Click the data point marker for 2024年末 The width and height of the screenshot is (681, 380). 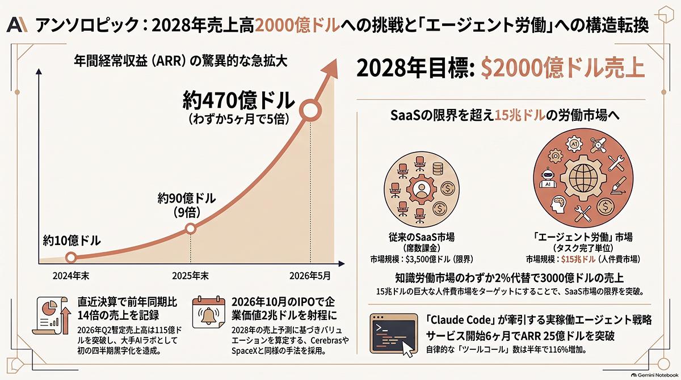(71, 257)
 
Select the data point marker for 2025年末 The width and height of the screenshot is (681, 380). (191, 229)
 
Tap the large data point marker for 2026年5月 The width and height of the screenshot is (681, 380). (310, 111)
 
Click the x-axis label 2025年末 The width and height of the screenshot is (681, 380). (191, 276)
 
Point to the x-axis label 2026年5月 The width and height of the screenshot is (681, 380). (310, 276)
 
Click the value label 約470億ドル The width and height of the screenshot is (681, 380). (239, 100)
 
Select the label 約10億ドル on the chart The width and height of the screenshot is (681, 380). (72, 241)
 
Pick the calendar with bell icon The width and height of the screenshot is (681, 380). (209, 311)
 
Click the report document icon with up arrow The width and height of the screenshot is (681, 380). (52, 316)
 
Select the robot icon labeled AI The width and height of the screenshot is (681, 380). (548, 178)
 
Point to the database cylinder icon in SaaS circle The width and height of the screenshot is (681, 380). (438, 169)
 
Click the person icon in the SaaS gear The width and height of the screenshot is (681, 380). (421, 189)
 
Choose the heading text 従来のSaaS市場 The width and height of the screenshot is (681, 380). (421, 237)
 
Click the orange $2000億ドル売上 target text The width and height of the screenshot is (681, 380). (563, 68)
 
